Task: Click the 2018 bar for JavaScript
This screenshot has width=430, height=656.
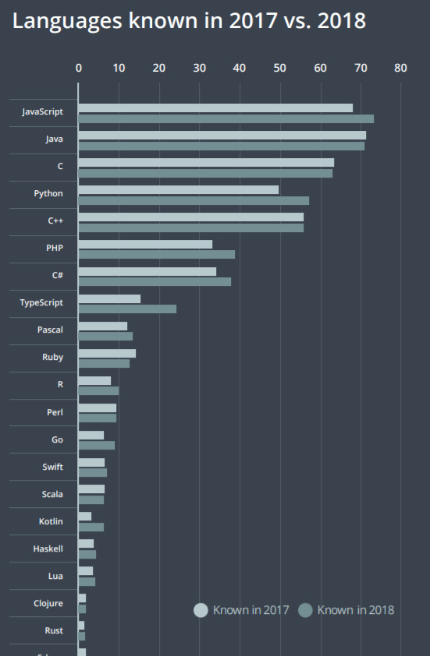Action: pos(226,118)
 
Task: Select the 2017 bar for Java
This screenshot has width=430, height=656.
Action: pos(222,136)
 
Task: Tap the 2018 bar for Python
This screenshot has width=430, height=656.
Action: pos(194,200)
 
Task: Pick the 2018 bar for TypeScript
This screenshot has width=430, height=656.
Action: pos(127,309)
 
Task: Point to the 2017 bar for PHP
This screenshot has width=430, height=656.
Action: pos(145,245)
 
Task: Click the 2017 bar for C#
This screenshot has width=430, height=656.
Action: pos(147,272)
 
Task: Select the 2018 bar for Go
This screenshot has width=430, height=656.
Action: pos(97,446)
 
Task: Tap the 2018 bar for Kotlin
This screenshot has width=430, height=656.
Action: pos(91,527)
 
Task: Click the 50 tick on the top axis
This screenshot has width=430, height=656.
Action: pos(279,68)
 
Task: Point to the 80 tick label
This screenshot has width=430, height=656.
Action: pos(400,68)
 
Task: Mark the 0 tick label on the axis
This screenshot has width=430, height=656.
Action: pos(79,68)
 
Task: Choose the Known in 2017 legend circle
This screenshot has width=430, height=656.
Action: pos(201,610)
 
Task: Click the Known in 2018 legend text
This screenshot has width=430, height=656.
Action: pos(356,610)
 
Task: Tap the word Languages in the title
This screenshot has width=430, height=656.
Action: pos(65,21)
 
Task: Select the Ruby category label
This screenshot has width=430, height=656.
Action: pos(53,358)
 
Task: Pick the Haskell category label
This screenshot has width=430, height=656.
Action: pos(48,548)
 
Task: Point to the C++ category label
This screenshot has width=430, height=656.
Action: pos(55,220)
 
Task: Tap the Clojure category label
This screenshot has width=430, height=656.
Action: pos(48,603)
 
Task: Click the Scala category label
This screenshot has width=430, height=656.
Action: pos(52,494)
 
